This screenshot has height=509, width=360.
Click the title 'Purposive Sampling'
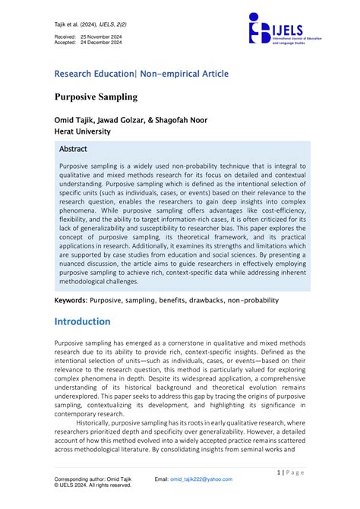click(95, 98)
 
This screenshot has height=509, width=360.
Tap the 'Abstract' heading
click(73, 149)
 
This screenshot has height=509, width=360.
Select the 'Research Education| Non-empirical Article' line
click(141, 74)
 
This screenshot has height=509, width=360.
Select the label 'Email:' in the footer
click(162, 479)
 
